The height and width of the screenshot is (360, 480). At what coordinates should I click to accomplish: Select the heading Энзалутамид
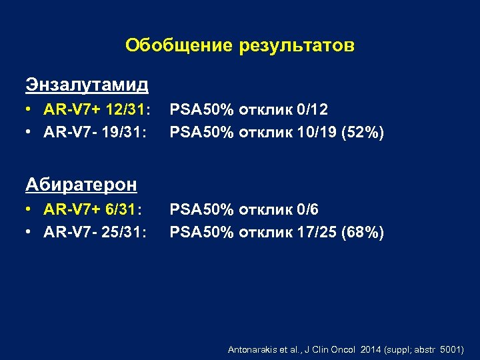pos(87,85)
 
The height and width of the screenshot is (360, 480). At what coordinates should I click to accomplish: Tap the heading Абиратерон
pos(81,184)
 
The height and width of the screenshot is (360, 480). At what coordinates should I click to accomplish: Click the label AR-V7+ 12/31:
pos(97,109)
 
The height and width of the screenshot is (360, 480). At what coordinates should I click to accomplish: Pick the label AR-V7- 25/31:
pos(95,232)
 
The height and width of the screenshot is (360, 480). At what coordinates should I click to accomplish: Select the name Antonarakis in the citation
pos(250,349)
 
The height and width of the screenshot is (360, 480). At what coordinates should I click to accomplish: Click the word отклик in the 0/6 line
pos(264,210)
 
